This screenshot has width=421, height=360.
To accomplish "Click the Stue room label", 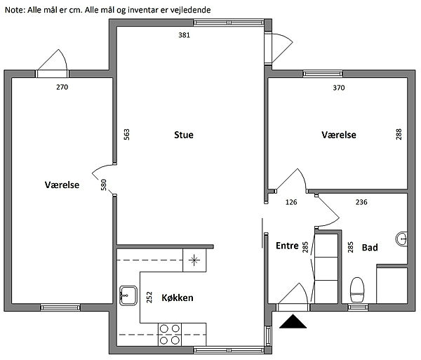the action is [x=184, y=135].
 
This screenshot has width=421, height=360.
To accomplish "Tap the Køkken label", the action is [x=178, y=298].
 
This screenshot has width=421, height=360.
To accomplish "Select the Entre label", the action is [x=287, y=246].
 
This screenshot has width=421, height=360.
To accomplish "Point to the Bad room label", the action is [x=370, y=247].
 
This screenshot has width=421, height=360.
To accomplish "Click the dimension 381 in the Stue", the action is [x=184, y=35].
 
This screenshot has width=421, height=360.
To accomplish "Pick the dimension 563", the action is [x=126, y=134].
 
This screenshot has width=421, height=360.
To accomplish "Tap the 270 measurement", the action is [x=62, y=87].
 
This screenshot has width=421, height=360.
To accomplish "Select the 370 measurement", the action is [x=339, y=88].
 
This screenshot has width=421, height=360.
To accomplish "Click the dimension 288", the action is [x=399, y=134].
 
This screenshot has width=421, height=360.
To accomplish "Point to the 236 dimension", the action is [x=361, y=202].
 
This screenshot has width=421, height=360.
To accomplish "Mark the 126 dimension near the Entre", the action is [x=291, y=202].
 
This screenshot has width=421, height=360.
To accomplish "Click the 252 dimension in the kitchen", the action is [x=149, y=297].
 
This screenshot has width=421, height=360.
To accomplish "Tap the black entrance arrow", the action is [x=293, y=321].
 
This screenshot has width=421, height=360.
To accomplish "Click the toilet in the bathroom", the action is [x=357, y=290].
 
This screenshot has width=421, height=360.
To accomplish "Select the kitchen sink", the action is [x=128, y=295].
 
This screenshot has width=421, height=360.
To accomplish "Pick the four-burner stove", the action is [x=169, y=335].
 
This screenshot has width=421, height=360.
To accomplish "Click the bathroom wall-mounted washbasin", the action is [x=401, y=239].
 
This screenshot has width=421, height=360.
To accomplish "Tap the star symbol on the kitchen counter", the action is [x=194, y=260].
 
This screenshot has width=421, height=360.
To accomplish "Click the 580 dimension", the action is [x=104, y=185].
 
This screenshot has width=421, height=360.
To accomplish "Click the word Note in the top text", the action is [x=15, y=10].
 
